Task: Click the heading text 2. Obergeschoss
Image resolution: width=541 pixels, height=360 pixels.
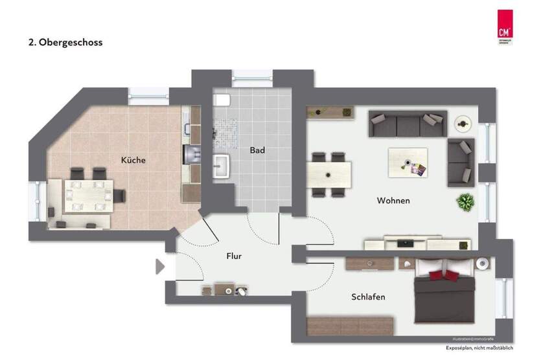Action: coord(65,43)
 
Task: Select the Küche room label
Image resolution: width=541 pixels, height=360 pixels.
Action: coord(133,160)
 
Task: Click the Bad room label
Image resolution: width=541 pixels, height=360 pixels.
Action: coord(257,150)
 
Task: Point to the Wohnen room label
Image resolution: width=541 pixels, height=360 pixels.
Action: coord(393,201)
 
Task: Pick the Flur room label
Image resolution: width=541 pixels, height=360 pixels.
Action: coord(234,256)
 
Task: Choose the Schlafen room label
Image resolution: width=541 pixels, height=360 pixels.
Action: coord(368,297)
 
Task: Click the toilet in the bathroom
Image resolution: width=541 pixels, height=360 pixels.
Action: coord(223,100)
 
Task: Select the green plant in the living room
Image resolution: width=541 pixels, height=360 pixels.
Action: coord(465,202)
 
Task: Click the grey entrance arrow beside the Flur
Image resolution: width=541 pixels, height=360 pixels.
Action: coord(160,266)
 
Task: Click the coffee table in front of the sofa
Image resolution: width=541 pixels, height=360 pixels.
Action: coord(408,161)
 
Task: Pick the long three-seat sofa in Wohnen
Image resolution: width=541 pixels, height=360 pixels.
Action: coord(407,123)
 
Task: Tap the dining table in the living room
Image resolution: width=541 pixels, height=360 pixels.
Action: coord(329,174)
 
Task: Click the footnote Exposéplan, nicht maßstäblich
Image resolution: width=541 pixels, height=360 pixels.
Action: coord(479,349)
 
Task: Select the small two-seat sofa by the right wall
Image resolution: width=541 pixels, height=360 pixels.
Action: coord(461,161)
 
